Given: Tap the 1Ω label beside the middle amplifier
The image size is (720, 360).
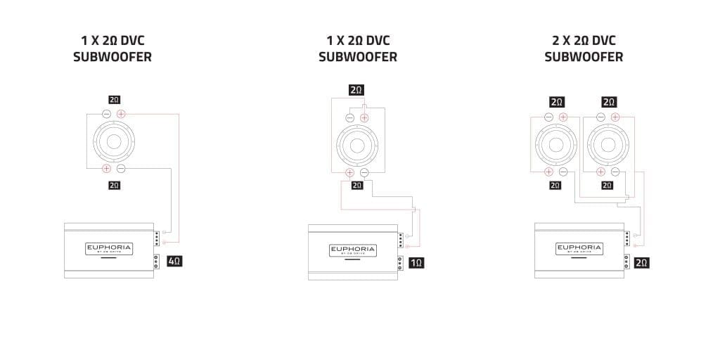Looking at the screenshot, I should point(416,263).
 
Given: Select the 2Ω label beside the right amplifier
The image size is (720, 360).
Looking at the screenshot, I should point(641,263).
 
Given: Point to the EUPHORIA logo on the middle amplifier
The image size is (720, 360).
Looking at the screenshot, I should point(353,250).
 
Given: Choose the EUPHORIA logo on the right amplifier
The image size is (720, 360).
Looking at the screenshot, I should point(579,248).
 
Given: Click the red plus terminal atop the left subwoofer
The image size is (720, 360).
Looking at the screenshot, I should point(121,114).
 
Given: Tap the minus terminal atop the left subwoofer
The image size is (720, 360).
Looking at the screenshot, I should point(107,114).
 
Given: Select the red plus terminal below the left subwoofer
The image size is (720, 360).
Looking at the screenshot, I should point(107,168).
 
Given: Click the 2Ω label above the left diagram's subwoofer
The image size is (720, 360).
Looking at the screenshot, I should point(114,100).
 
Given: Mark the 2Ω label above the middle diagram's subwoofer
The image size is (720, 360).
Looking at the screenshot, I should point(356,90).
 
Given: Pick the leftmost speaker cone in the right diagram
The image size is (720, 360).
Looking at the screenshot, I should point(555,144).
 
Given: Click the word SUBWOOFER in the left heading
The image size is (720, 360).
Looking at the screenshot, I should point(112,57).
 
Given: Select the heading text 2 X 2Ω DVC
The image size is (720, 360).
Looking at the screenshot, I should point(584,40).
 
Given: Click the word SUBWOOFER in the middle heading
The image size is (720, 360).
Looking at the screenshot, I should point(358,57).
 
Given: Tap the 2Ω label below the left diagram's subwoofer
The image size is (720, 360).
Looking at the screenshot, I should point(114,185).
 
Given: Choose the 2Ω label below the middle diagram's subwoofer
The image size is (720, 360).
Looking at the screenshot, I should point(357,185).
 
